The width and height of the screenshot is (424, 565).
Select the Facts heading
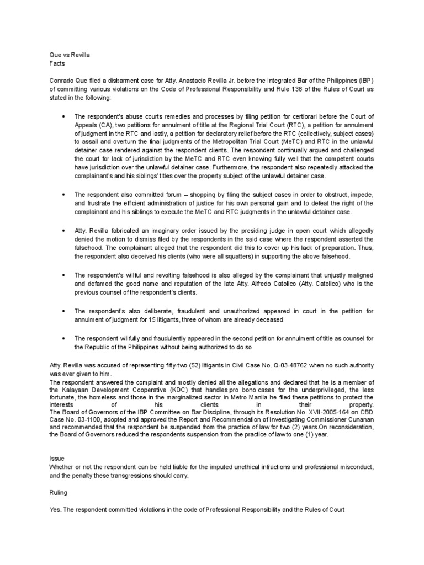pos(57,63)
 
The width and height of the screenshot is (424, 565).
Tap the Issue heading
pos(57,458)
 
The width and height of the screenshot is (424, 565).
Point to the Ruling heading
pos(60,492)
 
